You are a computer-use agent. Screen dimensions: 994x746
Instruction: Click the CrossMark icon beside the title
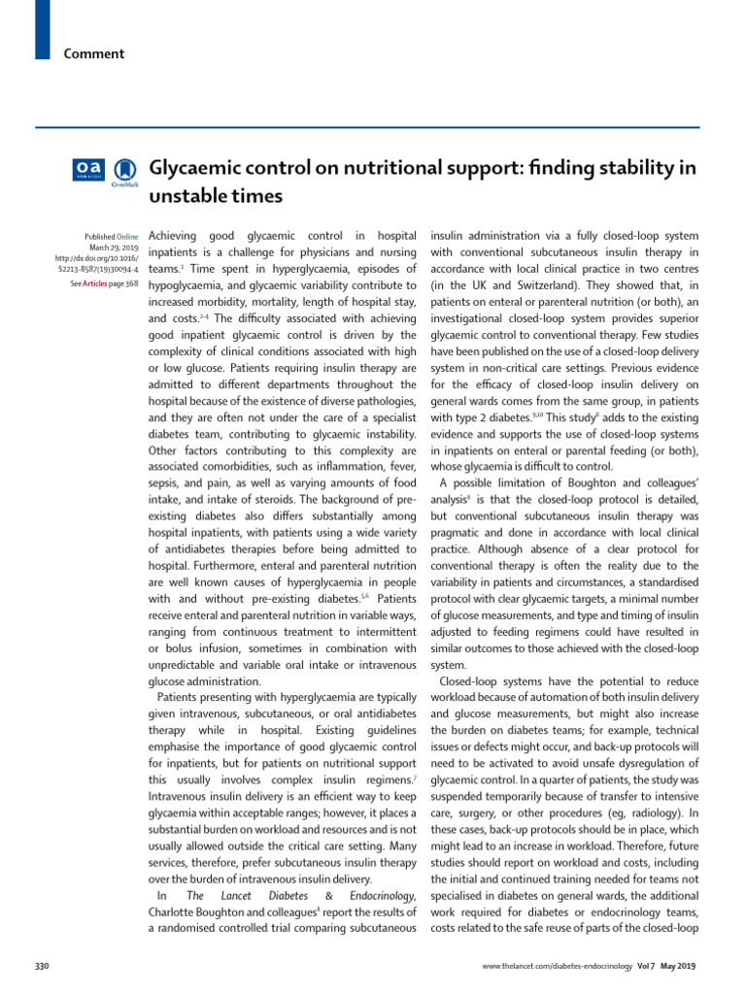(124, 171)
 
